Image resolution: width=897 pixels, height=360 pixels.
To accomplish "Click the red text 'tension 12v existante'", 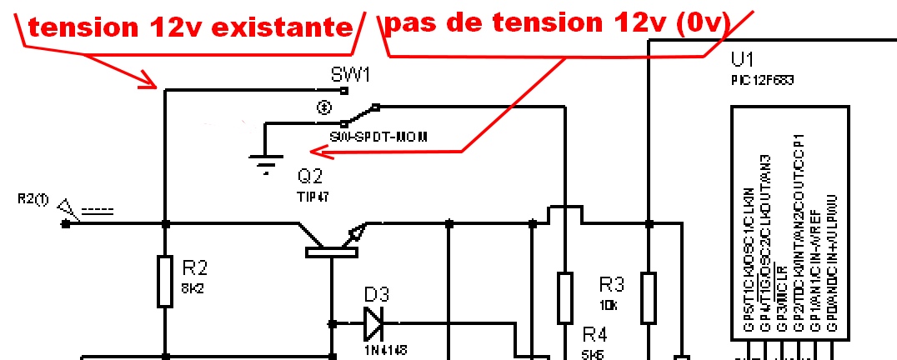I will click(189, 27).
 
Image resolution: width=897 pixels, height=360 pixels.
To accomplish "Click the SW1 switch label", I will click(350, 76).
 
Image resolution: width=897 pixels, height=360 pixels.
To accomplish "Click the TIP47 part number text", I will click(313, 197).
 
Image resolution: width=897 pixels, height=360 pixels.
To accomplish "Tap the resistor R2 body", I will click(165, 282).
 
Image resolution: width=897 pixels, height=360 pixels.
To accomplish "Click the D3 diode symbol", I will click(373, 322).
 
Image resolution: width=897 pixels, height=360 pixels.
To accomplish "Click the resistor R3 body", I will click(648, 297).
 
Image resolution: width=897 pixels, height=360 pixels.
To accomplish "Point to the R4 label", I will click(594, 335).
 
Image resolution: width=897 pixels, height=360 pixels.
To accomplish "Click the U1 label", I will click(742, 62).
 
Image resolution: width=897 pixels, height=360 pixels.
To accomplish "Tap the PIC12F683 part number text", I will click(760, 81).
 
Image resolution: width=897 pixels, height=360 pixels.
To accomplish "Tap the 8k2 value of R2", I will click(193, 287).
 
